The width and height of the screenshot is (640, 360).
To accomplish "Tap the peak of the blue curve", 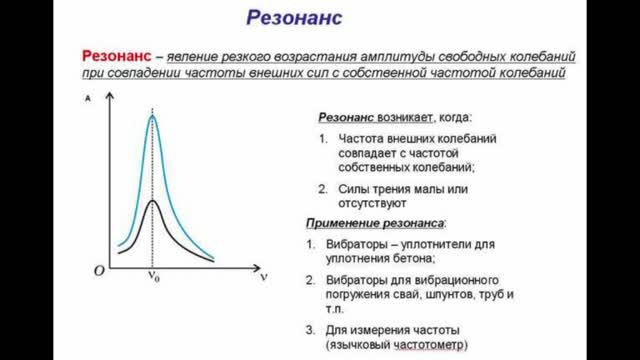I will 152,115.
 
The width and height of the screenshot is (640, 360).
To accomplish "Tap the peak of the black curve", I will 152,200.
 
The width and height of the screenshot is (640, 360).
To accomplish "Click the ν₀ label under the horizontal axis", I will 154,281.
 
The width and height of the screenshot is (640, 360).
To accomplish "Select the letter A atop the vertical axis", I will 91,99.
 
